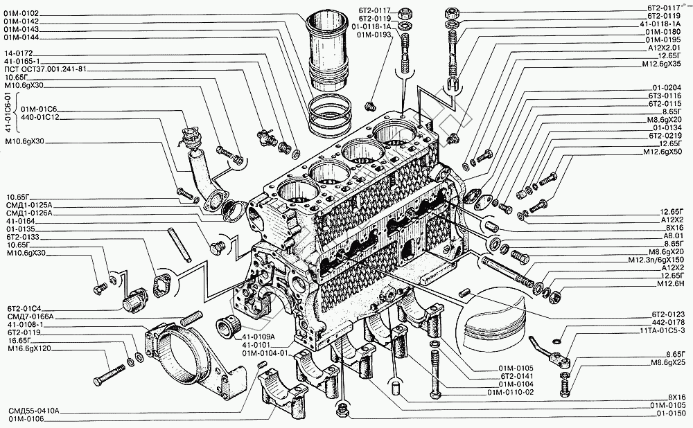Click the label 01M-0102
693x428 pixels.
pos(21,14)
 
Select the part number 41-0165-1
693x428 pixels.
pos(21,62)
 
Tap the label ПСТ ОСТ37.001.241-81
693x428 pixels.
pos(45,69)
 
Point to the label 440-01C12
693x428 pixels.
pos(40,118)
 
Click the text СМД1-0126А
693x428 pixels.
pos(29,213)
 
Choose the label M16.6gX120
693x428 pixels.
pos(29,348)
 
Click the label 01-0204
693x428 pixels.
pos(667,88)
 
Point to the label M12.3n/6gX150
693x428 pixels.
pos(656,260)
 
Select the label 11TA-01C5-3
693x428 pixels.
pos(662,330)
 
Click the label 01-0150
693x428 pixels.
pos(671,414)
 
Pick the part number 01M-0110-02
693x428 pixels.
pos(511,392)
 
